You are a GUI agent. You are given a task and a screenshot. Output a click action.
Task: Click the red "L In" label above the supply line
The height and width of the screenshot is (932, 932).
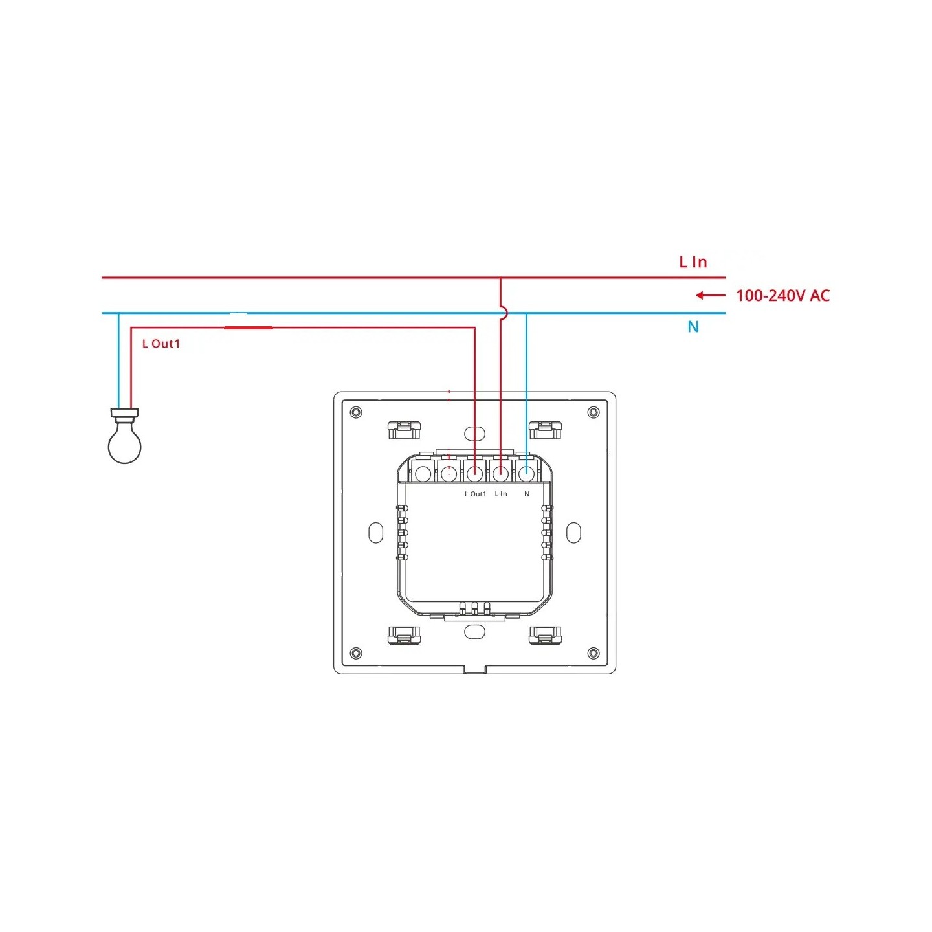tap(693, 262)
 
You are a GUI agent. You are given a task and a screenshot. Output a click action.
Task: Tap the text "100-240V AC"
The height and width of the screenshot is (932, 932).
tap(782, 296)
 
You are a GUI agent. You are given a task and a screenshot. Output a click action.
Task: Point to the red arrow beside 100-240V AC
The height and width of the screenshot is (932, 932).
tap(710, 296)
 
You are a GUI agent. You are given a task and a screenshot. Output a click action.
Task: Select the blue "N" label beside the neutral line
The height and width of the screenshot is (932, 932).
tap(693, 327)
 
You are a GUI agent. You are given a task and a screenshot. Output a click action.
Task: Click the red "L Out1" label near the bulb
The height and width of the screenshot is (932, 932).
tap(161, 344)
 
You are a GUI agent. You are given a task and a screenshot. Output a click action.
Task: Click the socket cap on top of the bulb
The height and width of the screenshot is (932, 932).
tap(125, 412)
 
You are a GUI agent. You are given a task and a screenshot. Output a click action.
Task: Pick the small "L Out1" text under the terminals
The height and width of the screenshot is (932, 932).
tap(475, 494)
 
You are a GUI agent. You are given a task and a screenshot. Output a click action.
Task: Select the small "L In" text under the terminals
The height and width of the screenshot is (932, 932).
tap(501, 494)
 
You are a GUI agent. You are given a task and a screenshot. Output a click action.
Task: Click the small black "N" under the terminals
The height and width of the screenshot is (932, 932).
tap(527, 494)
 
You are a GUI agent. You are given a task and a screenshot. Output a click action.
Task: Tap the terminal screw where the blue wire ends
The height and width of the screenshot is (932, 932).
tap(527, 473)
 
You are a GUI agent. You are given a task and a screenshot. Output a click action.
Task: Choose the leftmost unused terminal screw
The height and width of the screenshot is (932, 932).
tap(423, 473)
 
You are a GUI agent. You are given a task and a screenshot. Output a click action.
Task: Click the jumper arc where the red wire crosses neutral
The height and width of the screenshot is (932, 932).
tap(504, 313)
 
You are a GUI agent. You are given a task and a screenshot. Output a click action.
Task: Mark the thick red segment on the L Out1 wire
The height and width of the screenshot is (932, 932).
tap(249, 327)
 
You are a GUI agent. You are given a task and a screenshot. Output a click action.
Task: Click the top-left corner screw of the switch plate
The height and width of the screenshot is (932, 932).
tap(355, 412)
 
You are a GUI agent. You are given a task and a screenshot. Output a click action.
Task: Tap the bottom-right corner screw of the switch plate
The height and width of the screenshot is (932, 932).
tap(593, 653)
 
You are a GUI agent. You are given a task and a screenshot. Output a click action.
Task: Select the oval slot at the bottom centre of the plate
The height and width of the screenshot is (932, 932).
tap(474, 632)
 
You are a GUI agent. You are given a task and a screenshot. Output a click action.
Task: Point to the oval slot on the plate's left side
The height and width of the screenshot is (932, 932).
tap(376, 533)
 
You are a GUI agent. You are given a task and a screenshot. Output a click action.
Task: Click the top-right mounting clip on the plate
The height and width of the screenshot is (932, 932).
tap(545, 430)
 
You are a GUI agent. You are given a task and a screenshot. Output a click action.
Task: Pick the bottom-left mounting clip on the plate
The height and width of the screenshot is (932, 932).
tap(404, 636)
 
